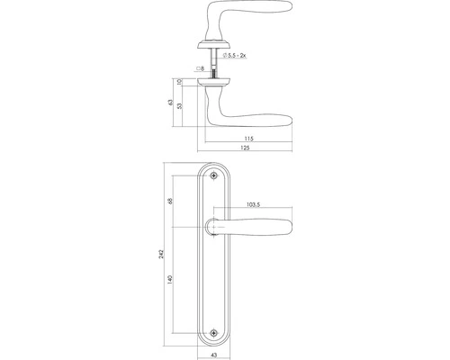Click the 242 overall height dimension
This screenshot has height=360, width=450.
click(161, 254)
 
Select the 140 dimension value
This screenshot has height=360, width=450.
click(170, 279)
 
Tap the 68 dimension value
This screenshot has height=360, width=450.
click(170, 201)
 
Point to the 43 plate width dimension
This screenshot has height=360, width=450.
click(213, 355)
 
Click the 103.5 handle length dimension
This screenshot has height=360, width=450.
click(253, 204)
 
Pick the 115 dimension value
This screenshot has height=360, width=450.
click(248, 139)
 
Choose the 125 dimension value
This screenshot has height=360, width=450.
click(245, 148)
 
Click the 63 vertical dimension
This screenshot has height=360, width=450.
click(171, 102)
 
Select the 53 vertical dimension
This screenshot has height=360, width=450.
click(180, 106)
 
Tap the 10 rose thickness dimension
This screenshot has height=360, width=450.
click(180, 82)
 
